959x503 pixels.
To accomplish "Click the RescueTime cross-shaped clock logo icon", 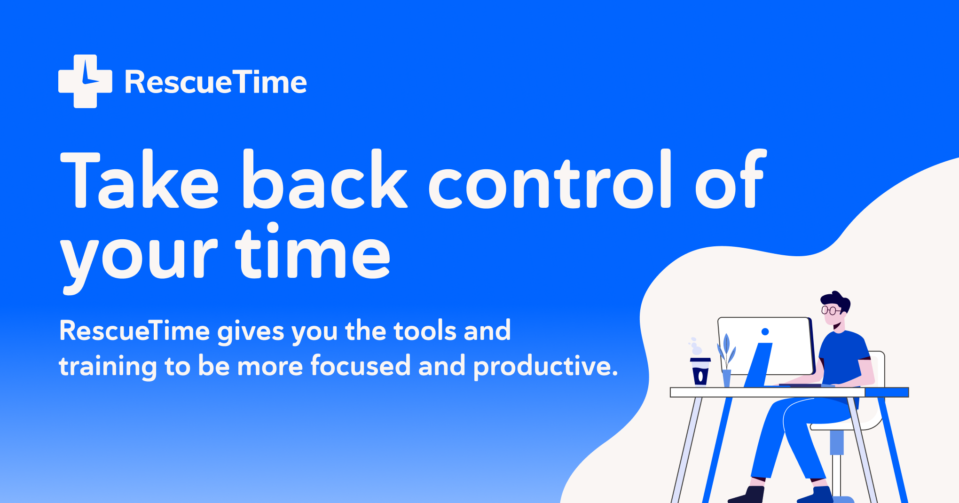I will click(x=85, y=81).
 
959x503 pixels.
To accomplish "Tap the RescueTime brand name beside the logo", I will click(x=216, y=83).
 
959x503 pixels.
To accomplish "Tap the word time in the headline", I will click(x=313, y=251).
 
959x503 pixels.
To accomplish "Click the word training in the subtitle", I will click(x=108, y=367).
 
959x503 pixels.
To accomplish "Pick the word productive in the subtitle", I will click(x=545, y=367).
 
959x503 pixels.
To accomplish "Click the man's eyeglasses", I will click(x=830, y=310).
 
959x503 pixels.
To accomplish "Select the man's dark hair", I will click(x=836, y=300).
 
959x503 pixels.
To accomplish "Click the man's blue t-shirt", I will click(x=844, y=357).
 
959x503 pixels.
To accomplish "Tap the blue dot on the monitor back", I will click(x=765, y=332).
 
